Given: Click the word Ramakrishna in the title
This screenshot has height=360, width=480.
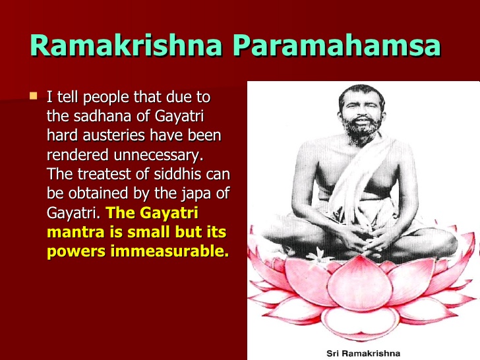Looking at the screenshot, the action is pyautogui.click(x=126, y=45).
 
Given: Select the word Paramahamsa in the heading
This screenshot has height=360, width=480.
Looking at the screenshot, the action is pyautogui.click(x=337, y=45).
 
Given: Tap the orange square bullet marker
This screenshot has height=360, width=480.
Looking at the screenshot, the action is pyautogui.click(x=34, y=96).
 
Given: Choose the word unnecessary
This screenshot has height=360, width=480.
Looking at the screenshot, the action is pyautogui.click(x=158, y=155).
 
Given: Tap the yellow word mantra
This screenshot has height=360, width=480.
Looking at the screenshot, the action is pyautogui.click(x=76, y=232).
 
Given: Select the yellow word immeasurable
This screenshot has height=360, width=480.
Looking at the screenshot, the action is pyautogui.click(x=169, y=251).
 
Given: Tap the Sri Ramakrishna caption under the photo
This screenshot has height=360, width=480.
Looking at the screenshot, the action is pyautogui.click(x=363, y=353).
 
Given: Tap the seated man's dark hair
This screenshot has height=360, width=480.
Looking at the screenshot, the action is pyautogui.click(x=362, y=92).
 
